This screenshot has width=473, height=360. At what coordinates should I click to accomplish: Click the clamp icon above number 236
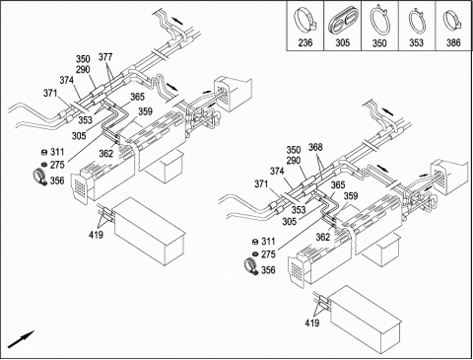(x=305, y=20)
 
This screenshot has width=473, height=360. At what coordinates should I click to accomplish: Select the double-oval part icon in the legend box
(x=343, y=21)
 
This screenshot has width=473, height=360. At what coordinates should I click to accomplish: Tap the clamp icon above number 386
(x=452, y=21)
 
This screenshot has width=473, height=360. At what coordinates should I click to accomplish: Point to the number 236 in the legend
(x=305, y=42)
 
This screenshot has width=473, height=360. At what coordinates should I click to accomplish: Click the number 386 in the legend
(x=453, y=42)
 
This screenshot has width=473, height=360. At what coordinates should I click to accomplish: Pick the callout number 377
(x=105, y=57)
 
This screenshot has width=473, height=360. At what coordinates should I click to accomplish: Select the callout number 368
(x=315, y=147)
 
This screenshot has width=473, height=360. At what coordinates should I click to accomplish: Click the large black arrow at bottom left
(x=21, y=339)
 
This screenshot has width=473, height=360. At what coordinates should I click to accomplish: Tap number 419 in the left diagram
(x=96, y=235)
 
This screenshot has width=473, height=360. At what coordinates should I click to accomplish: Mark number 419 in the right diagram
(x=312, y=324)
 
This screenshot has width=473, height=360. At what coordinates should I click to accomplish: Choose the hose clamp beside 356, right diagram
(x=252, y=265)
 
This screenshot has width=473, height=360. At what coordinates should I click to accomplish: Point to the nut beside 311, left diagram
(x=42, y=152)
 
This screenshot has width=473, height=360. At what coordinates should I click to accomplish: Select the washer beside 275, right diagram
(x=254, y=253)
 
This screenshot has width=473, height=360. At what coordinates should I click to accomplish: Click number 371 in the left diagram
(x=50, y=94)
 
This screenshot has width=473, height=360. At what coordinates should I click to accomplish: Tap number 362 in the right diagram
(x=323, y=237)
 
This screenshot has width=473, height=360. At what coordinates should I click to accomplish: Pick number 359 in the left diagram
(x=145, y=111)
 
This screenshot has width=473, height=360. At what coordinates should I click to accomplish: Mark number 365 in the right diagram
(x=338, y=185)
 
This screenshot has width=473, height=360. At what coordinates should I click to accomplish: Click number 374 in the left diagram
(x=67, y=80)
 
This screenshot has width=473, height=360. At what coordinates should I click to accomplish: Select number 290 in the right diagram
(x=294, y=161)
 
